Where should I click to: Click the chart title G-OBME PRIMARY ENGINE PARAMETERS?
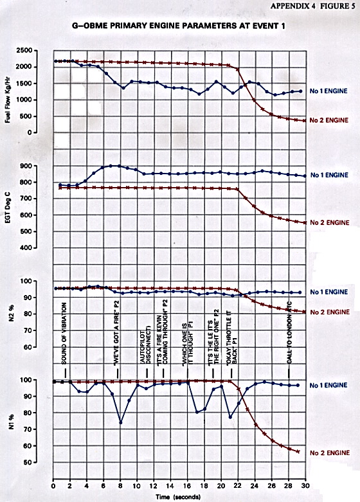pos(179,26)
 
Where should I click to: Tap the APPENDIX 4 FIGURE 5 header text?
pos(313,6)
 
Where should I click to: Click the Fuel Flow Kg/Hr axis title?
pos(8,100)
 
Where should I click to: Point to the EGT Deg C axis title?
pos(8,207)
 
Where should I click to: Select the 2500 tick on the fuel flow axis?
pos(24,51)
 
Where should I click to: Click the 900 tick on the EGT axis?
pos(27,166)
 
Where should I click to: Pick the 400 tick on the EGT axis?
pos(27,247)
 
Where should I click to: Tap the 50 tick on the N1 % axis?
pos(28,462)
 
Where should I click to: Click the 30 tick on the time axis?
pos(305,486)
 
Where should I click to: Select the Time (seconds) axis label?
pos(178,497)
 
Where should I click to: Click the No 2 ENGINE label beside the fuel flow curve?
pos(329,120)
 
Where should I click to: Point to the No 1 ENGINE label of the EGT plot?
pos(329,175)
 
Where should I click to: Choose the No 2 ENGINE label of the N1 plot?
pos(330,453)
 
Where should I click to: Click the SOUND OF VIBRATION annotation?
pos(64,334)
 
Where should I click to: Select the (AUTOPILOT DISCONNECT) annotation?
pos(145,345)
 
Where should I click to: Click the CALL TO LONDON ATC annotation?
pos(289,333)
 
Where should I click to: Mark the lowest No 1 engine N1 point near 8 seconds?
pos(121,422)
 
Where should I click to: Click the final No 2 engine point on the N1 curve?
pos(298,451)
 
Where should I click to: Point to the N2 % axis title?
pos(12,313)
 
